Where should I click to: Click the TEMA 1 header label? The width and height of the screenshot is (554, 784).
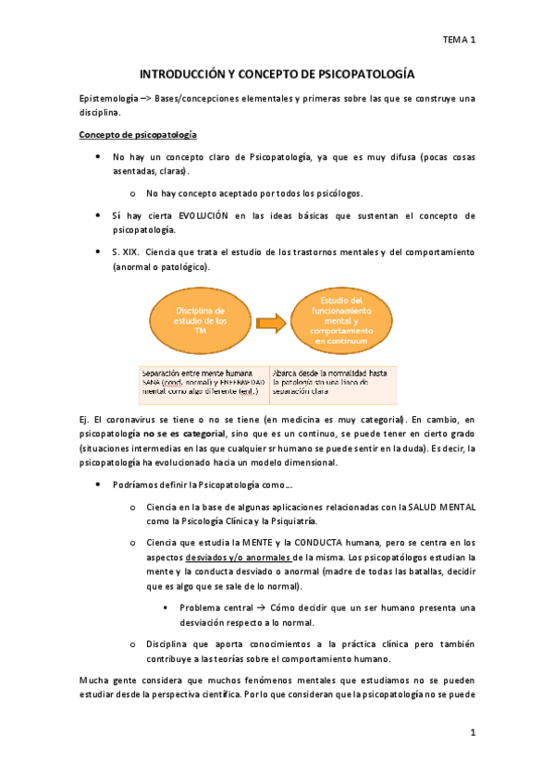458,41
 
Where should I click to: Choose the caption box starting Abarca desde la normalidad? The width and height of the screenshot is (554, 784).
333,380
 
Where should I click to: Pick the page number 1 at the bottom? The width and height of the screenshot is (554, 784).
472,733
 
